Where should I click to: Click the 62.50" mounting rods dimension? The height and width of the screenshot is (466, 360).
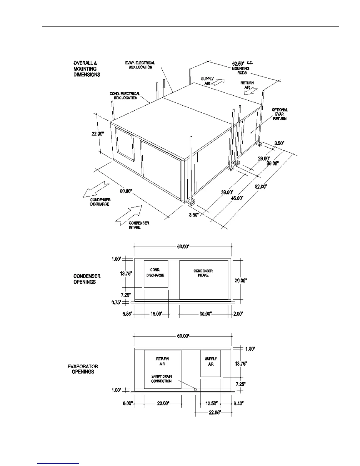tap(238, 64)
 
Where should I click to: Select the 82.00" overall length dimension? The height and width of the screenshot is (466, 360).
tap(261, 187)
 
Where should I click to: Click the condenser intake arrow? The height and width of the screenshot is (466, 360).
tap(129, 214)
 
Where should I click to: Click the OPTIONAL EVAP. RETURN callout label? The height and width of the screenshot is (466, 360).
tap(279, 114)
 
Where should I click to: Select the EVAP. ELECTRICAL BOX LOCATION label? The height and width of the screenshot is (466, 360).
tap(140, 65)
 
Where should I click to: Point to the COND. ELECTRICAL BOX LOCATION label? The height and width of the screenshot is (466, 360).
tap(125, 96)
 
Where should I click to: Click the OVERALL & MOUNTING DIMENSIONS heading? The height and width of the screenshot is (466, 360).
tap(87, 69)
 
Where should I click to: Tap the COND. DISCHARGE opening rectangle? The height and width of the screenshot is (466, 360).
tap(156, 274)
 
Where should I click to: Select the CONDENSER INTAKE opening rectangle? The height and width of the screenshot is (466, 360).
tap(204, 279)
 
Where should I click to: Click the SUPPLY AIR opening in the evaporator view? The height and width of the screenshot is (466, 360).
tap(211, 363)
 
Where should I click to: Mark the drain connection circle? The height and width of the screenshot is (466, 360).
tap(195, 390)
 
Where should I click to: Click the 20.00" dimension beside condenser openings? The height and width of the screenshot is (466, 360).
tap(241, 280)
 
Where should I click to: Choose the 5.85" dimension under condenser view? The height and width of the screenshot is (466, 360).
tap(127, 314)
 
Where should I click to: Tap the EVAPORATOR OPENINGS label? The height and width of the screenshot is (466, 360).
tap(83, 369)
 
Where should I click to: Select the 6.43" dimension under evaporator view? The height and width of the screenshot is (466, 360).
tap(239, 403)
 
